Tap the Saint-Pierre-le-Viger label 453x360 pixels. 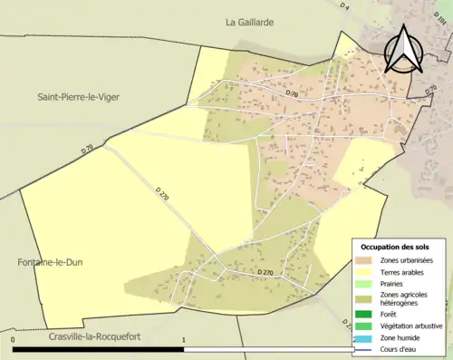coord(78,96)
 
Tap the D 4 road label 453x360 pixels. coord(345,7)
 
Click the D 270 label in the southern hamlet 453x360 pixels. coord(265,272)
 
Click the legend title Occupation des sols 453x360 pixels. coord(396,247)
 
